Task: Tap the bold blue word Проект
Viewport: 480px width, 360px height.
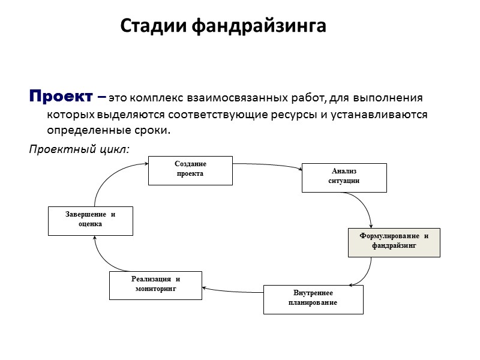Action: (x=60, y=96)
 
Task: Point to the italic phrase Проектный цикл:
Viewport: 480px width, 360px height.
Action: (x=79, y=148)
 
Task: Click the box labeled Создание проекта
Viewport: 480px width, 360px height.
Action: (x=190, y=170)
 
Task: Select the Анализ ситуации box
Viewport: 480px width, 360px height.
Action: (x=344, y=177)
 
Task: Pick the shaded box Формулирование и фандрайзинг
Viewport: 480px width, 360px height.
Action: (x=394, y=242)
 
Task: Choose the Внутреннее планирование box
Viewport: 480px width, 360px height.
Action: (x=313, y=299)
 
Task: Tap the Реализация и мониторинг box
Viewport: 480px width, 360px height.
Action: (x=155, y=285)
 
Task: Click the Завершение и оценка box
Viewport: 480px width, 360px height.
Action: (x=90, y=220)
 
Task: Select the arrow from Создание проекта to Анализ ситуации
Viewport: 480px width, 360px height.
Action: (x=267, y=166)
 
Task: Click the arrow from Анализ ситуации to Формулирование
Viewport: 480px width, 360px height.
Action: (x=368, y=207)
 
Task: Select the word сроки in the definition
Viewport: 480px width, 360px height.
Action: (x=151, y=130)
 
